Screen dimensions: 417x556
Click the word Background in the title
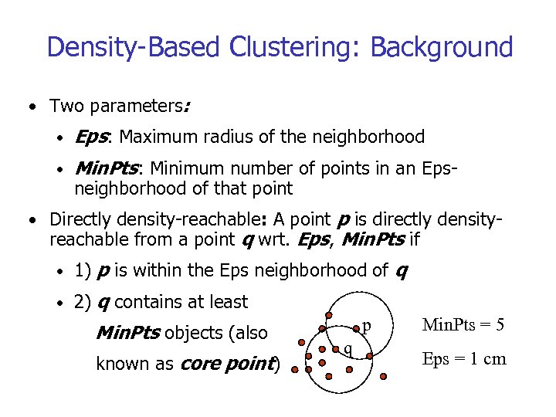pyautogui.click(x=442, y=47)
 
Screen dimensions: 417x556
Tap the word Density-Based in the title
pyautogui.click(x=134, y=47)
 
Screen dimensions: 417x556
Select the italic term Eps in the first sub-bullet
pyautogui.click(x=93, y=137)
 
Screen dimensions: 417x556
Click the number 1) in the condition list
pyautogui.click(x=83, y=270)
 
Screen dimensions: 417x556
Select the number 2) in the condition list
pyautogui.click(x=83, y=302)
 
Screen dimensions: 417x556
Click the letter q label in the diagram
pyautogui.click(x=348, y=348)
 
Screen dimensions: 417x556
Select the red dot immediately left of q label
pyautogui.click(x=337, y=347)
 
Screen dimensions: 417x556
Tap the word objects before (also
pyautogui.click(x=192, y=333)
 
